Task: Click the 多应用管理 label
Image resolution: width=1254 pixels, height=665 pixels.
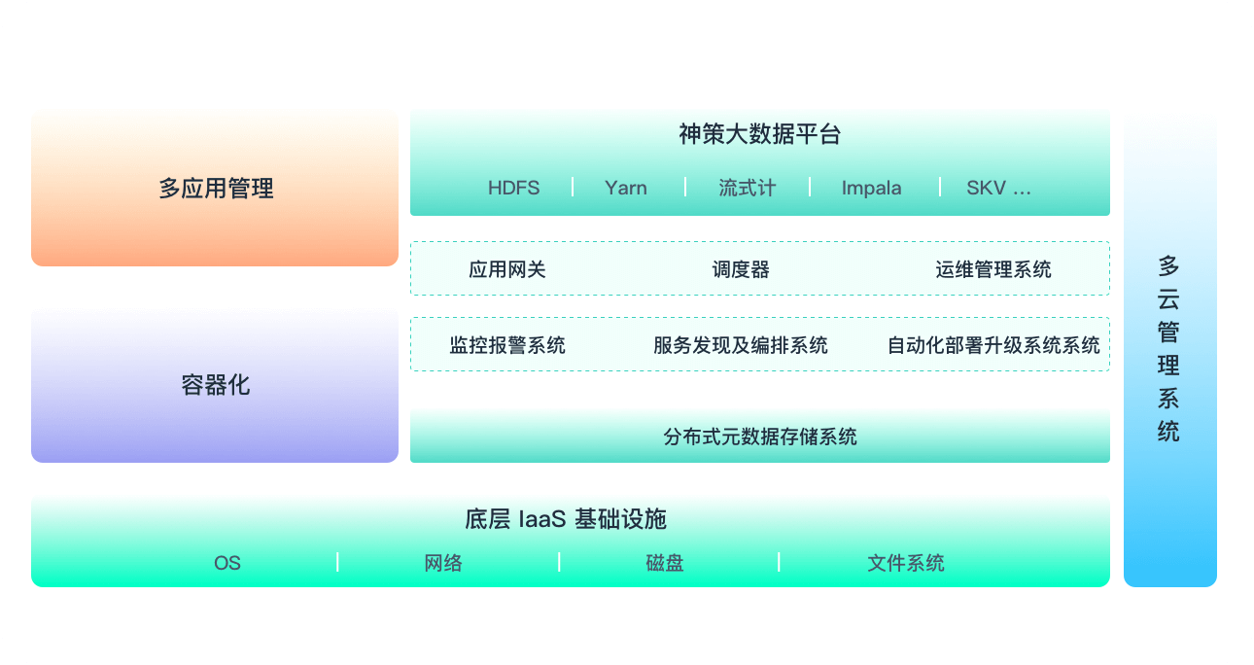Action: coord(216,188)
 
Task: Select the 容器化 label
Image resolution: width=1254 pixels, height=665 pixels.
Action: coord(216,385)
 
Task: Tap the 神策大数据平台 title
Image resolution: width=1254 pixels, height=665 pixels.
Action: coord(759,134)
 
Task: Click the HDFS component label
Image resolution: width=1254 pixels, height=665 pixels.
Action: coord(513,188)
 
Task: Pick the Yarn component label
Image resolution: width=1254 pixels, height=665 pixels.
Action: coord(625,188)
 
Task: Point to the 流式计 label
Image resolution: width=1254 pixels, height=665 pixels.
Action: coord(748,188)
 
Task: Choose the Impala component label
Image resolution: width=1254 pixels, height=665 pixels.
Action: coord(871,188)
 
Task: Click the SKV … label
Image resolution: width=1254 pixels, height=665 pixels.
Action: coord(998,188)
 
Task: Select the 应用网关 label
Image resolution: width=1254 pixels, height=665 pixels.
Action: coord(507,269)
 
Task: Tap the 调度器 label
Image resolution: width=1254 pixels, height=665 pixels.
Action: coord(741,269)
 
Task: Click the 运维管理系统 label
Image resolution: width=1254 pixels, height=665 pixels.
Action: coord(993,269)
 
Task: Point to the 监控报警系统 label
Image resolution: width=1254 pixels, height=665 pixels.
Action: coord(507,345)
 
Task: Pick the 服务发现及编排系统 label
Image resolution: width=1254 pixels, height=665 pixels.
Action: coord(741,345)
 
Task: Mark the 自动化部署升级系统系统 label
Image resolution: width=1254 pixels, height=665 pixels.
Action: coord(993,345)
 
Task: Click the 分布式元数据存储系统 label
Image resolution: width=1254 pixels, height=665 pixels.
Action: coord(760,437)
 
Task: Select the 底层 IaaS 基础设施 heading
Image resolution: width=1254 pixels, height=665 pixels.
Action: coord(566,518)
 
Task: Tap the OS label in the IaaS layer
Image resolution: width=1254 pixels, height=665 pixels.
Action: coord(227,563)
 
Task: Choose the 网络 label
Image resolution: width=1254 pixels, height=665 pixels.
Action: coord(443,563)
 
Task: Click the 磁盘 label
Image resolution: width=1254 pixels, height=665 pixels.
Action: coord(665,563)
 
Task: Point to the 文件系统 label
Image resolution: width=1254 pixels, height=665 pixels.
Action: coord(906,563)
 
